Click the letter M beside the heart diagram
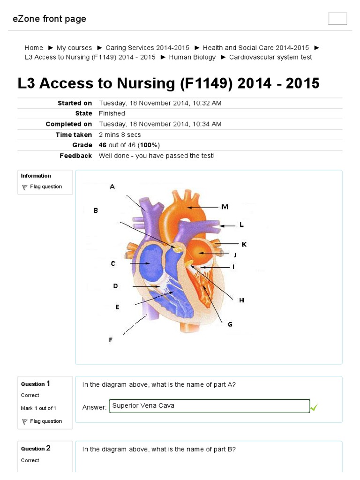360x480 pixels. pos(225,207)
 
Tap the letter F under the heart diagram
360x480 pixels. pos(111,340)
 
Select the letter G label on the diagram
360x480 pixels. pos(230,324)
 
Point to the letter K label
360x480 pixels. pos(244,244)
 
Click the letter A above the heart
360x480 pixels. pos(112,187)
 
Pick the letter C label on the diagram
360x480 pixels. pos(113,263)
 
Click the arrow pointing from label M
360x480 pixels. pos(202,207)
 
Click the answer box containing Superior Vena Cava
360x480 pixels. pos(210,406)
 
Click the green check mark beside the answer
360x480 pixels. pos(314,408)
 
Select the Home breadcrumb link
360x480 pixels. pos(34,48)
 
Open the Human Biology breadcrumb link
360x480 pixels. pos(192,57)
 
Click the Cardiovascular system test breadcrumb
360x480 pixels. pos(270,57)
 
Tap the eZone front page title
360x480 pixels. pos(49,19)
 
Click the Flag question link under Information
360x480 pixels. pos(45,187)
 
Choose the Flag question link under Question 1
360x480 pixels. pos(45,421)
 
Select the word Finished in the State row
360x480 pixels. pos(112,113)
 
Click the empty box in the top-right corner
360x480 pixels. pos(337,19)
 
